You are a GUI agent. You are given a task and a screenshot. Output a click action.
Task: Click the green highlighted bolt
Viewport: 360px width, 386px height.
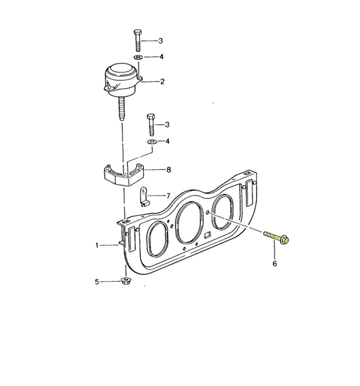pos(276,237)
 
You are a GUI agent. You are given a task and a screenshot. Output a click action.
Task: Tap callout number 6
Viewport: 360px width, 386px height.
pos(275,263)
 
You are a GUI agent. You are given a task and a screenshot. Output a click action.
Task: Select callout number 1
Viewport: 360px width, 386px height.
pos(97,245)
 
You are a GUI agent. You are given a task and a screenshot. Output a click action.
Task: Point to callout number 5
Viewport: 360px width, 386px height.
pos(97,282)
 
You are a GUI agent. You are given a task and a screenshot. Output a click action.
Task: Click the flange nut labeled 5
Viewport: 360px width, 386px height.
pos(126,281)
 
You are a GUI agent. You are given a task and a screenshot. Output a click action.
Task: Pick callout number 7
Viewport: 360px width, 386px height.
pos(168,196)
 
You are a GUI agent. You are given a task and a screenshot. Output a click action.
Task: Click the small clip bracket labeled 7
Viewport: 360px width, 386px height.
pos(144,197)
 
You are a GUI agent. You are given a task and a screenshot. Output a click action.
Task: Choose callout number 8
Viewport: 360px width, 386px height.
pos(169,170)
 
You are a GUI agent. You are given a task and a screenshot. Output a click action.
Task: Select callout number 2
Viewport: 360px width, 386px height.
pos(162,81)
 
